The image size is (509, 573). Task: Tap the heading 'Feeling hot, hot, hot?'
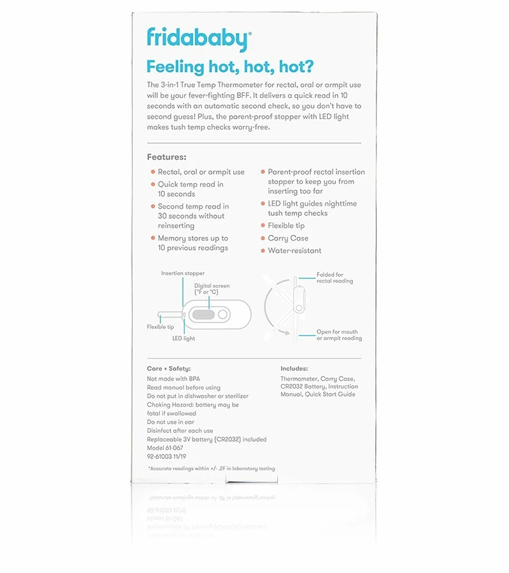click(x=230, y=66)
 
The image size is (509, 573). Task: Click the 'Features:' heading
click(x=166, y=157)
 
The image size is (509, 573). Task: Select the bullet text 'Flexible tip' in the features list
click(x=286, y=225)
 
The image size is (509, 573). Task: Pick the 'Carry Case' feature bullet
click(x=288, y=238)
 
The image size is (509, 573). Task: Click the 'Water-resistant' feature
click(x=294, y=251)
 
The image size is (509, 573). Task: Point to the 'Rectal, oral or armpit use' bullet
click(x=201, y=172)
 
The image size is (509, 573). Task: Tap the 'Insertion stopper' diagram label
click(x=183, y=273)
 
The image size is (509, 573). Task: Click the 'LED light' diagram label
click(x=183, y=339)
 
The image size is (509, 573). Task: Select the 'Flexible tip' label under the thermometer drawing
click(x=161, y=327)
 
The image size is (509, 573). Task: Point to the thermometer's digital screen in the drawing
click(x=203, y=314)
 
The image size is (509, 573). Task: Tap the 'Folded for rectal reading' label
click(x=334, y=278)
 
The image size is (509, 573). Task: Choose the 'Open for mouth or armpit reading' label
click(x=339, y=335)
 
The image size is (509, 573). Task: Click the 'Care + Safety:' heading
click(x=169, y=369)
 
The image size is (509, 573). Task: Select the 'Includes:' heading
click(x=294, y=369)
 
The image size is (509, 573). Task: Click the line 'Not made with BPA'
click(x=173, y=379)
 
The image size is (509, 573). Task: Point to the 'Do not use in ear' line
click(x=171, y=422)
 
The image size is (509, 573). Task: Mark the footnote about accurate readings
click(x=211, y=469)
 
